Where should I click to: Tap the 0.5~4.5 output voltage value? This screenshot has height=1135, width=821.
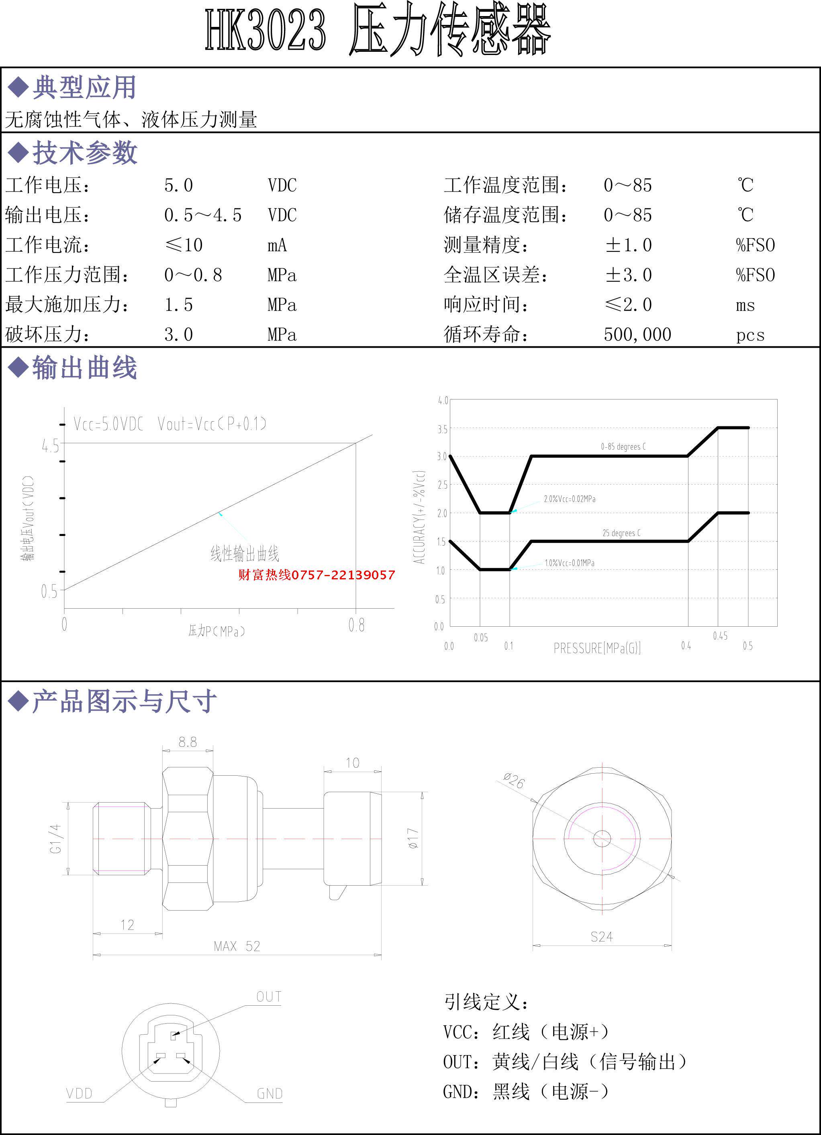click(x=203, y=215)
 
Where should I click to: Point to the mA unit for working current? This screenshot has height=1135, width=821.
click(x=277, y=245)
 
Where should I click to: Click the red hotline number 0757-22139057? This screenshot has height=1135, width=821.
click(x=317, y=575)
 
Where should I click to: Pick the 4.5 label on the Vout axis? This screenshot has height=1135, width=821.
click(x=50, y=445)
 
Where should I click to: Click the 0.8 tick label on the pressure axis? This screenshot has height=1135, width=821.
click(x=356, y=625)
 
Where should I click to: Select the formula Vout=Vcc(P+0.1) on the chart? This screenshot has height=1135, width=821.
click(x=212, y=424)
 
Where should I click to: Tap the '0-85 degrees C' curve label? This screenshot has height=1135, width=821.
click(x=623, y=446)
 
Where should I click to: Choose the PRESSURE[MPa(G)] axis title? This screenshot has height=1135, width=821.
click(x=597, y=648)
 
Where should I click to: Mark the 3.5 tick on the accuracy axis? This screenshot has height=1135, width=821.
click(x=442, y=429)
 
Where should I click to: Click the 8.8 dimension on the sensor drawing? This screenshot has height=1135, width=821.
click(x=188, y=742)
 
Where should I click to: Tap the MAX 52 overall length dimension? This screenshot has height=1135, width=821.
click(x=237, y=946)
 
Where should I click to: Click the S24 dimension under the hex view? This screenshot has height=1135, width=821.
click(x=601, y=936)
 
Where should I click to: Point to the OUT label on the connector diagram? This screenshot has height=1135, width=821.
click(x=268, y=996)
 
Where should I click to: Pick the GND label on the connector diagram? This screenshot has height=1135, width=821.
click(x=270, y=1094)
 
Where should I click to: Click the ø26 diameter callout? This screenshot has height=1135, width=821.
click(x=514, y=780)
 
